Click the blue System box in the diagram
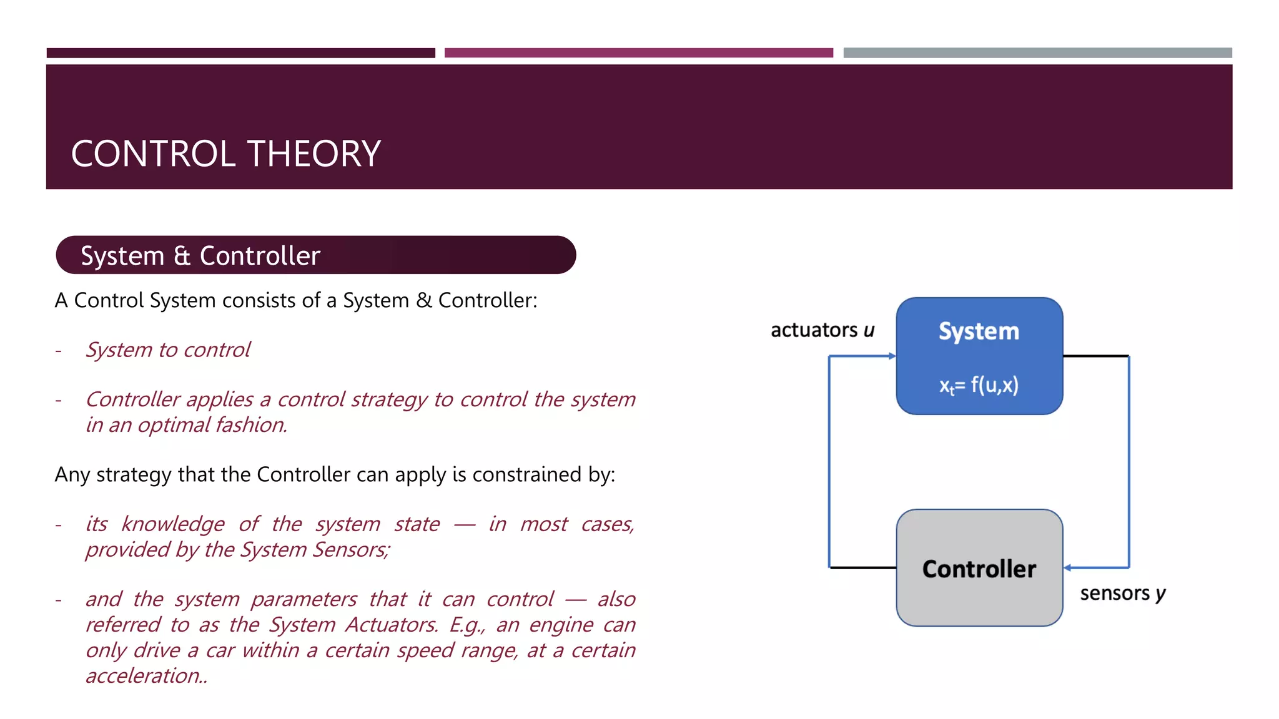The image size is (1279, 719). pyautogui.click(x=979, y=356)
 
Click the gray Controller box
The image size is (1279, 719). pyautogui.click(x=979, y=568)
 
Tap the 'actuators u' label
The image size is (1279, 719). pyautogui.click(x=822, y=330)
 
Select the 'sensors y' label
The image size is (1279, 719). pyautogui.click(x=1122, y=593)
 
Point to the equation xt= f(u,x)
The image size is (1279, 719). pyautogui.click(x=979, y=385)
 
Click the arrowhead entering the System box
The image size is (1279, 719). pyautogui.click(x=892, y=356)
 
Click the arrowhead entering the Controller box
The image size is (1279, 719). pyautogui.click(x=1068, y=567)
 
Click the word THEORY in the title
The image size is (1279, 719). pyautogui.click(x=314, y=154)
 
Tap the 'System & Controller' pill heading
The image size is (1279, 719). pyautogui.click(x=315, y=255)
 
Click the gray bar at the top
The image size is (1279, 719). pyautogui.click(x=1037, y=53)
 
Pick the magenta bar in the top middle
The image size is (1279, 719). pyautogui.click(x=638, y=53)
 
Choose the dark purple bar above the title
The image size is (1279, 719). pyautogui.click(x=240, y=53)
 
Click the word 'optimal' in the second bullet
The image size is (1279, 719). pyautogui.click(x=174, y=425)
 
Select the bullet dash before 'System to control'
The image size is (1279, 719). pyautogui.click(x=59, y=351)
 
